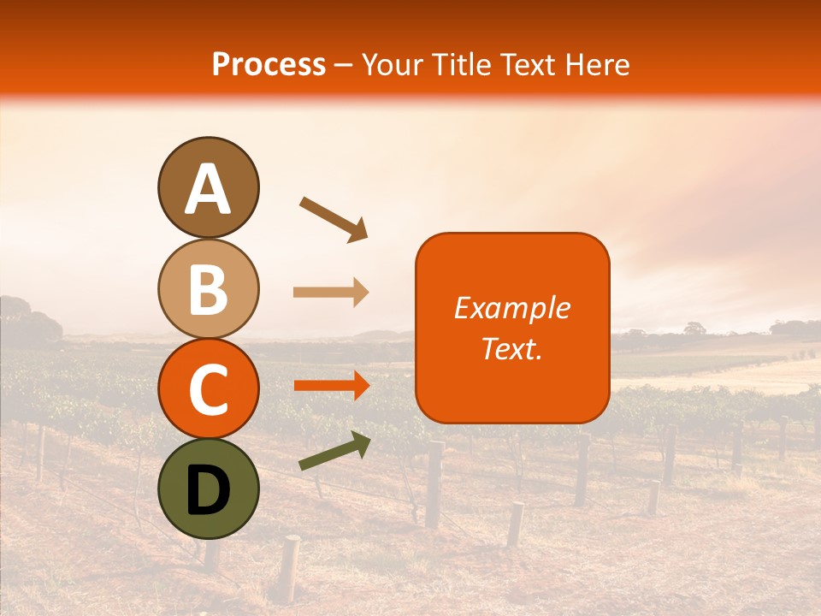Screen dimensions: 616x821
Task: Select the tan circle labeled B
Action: click(209, 288)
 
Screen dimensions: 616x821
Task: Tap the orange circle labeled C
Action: click(209, 388)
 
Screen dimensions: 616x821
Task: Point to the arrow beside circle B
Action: click(331, 293)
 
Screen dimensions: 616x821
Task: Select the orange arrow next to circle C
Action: click(331, 386)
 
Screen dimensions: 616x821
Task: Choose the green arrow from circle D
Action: click(334, 451)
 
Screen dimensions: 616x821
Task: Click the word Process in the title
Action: click(269, 65)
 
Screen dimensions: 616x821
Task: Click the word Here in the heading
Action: click(598, 65)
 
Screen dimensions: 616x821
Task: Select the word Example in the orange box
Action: click(511, 308)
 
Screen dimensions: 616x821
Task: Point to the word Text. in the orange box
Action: click(511, 348)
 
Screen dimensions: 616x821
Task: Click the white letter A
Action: click(209, 189)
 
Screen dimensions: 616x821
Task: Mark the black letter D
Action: click(209, 492)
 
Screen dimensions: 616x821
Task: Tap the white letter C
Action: click(209, 391)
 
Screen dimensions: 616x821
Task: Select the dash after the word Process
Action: click(344, 66)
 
